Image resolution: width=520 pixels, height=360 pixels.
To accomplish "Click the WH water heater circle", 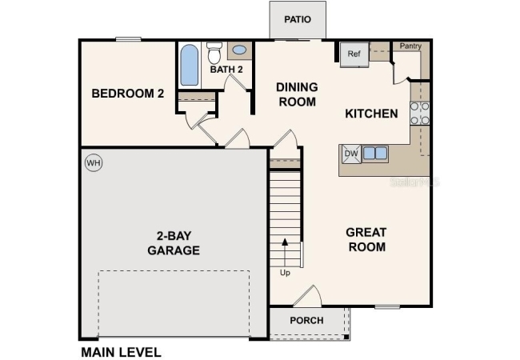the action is tap(94, 162).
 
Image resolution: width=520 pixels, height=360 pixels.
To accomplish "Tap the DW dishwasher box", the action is tap(351, 154).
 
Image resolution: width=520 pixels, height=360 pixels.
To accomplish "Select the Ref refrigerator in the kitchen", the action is tap(354, 54).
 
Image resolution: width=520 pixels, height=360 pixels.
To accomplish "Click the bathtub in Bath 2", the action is tap(190, 65).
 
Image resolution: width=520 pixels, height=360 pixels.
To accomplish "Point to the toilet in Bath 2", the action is tap(214, 53).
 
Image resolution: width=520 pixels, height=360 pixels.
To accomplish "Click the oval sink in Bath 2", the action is tap(239, 50).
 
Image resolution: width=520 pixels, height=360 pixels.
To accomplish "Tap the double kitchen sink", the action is tap(375, 154).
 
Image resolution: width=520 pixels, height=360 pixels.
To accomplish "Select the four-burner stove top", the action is tap(420, 114).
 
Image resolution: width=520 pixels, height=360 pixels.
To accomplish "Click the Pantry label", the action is tap(410, 46).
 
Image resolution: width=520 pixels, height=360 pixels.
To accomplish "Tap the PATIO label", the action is tap(298, 19).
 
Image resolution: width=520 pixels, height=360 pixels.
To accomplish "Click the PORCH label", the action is tap(306, 321).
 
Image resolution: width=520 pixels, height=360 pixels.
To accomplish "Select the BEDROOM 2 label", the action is tap(128, 94).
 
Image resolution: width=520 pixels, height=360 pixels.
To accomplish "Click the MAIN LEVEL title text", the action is tap(121, 352).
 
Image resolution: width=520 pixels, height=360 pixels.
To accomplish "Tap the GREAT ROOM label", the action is tap(366, 239).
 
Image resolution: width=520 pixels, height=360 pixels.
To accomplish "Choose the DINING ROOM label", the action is tap(297, 94).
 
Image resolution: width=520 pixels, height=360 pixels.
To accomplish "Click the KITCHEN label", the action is tap(371, 114).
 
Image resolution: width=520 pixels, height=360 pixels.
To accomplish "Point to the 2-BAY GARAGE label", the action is tap(174, 243).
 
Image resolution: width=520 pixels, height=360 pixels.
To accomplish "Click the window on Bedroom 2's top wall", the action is tap(128, 39).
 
